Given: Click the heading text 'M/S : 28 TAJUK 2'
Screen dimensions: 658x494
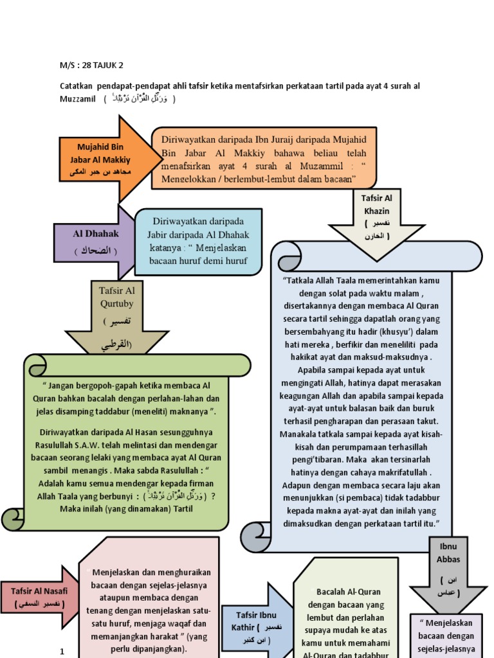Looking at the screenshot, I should click(91, 65).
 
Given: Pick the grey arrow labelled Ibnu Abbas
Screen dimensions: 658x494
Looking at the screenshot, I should click(449, 572).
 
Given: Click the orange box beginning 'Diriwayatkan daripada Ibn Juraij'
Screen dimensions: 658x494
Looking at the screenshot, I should click(264, 157).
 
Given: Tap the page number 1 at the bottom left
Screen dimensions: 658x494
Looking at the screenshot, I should click(62, 652).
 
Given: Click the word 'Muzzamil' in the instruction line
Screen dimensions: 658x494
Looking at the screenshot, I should click(77, 99).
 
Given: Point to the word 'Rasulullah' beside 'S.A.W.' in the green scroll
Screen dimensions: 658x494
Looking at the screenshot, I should click(59, 445).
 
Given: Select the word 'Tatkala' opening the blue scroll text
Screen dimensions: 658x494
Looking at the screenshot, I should click(302, 280).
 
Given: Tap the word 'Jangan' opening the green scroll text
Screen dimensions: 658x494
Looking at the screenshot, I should click(66, 385).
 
